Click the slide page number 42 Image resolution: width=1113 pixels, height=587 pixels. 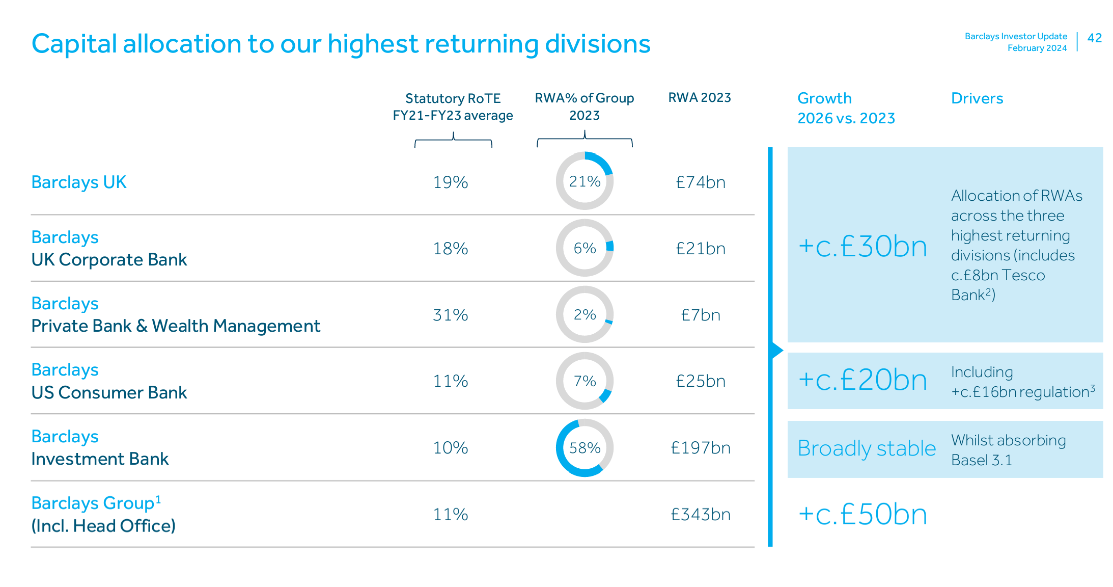1094,38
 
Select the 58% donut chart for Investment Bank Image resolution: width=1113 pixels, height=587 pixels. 585,448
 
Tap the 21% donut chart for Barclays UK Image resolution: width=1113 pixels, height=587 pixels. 585,181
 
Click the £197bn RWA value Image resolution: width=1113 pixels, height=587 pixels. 701,448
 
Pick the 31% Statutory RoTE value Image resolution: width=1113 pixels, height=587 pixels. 450,315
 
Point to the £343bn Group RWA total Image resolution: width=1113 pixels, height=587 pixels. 701,515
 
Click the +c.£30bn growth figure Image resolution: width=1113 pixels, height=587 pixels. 862,247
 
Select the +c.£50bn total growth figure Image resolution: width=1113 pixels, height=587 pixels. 862,514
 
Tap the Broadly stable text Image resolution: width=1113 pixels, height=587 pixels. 867,448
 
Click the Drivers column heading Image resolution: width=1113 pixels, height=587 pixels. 977,98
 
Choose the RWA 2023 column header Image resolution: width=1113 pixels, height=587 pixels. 699,98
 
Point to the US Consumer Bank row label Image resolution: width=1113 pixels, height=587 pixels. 109,392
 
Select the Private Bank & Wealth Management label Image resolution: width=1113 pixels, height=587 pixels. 176,326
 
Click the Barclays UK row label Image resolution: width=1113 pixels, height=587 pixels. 79,182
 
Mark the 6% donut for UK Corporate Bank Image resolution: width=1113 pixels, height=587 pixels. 585,248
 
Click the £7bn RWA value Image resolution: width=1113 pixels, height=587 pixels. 701,315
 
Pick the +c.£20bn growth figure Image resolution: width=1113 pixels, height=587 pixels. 862,380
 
